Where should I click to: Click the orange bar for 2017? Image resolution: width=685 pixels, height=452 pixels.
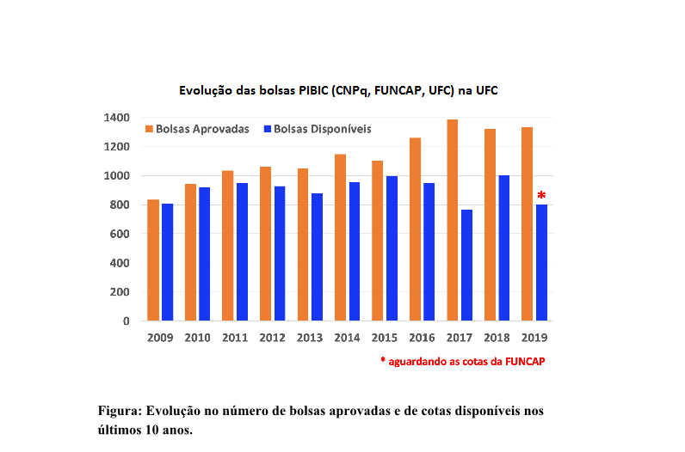pos(452,220)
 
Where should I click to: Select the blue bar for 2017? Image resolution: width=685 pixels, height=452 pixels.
pos(466,265)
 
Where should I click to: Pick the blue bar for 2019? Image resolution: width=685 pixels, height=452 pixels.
pos(541,262)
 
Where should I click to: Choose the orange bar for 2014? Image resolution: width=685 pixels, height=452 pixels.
pos(340,237)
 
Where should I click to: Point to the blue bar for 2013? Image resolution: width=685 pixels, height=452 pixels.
pos(317,257)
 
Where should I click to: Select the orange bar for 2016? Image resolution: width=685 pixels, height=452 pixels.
pos(415,229)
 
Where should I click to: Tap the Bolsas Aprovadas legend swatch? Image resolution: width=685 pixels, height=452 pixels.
pos(149,129)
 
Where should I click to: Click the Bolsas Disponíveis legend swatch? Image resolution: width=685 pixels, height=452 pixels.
pos(268,129)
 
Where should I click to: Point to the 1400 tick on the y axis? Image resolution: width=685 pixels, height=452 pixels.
pos(119,118)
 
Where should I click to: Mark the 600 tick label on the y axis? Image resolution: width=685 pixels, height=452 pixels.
pos(121,234)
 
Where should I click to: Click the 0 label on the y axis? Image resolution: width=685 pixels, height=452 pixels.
pos(126,321)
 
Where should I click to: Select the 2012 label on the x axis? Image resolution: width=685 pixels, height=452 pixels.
pos(272,339)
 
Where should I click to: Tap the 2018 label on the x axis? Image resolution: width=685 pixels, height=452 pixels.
pos(497,339)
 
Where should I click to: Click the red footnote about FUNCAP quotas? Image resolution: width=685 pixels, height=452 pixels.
pos(462,362)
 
